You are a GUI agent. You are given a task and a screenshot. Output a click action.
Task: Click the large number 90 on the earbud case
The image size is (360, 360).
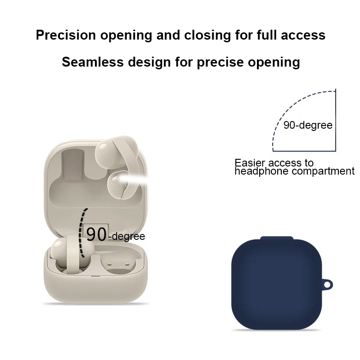point(97,234)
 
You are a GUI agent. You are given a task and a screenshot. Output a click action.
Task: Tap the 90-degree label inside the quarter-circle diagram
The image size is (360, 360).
point(308,125)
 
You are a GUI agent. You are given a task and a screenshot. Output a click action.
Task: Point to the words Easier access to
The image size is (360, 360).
point(274,162)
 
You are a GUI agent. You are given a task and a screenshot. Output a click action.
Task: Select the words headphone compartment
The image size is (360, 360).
point(294,171)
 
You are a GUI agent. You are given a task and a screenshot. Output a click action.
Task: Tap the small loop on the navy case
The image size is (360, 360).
point(329,285)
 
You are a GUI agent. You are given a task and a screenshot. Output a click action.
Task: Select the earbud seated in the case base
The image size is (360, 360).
point(67,252)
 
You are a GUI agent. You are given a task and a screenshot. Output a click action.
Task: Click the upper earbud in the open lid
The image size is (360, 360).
point(112,151)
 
